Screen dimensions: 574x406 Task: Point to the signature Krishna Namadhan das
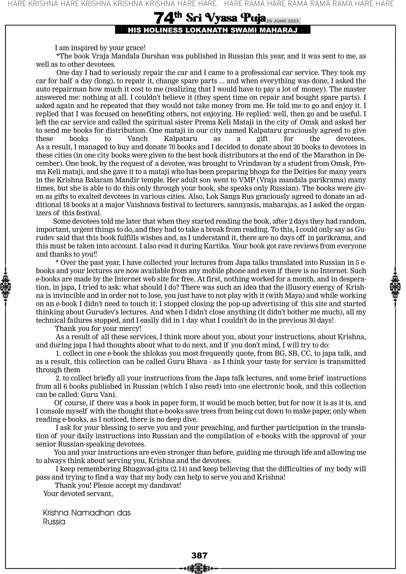pos(87,513)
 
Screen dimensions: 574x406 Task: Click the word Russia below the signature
pos(54,522)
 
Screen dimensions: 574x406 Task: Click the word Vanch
pos(137,139)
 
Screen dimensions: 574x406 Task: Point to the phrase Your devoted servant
pos(78,494)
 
